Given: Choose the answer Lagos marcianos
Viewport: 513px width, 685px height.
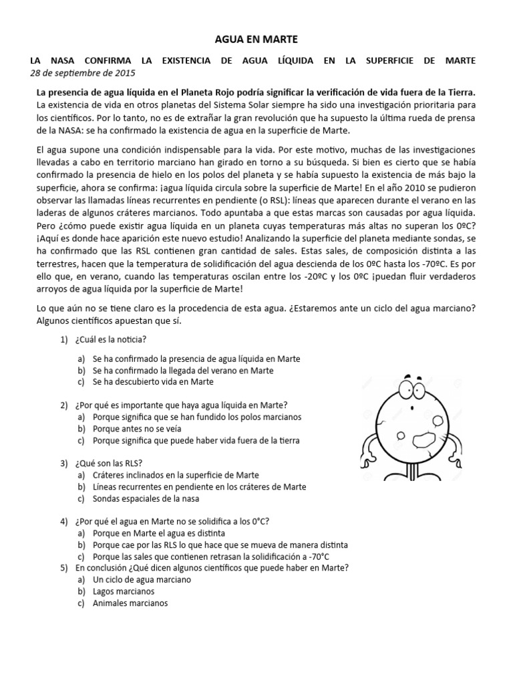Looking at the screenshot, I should [124, 591].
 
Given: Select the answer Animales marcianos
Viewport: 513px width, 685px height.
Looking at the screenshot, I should [130, 603].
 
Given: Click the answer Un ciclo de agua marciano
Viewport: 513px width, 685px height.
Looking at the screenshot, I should [142, 579].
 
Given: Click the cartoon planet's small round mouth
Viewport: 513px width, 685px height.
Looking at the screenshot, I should [415, 409].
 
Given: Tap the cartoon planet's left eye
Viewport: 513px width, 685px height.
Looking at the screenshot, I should [406, 388].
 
